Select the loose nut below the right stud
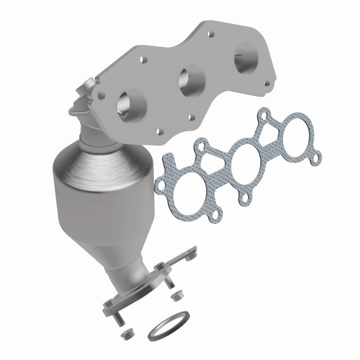point(176,297)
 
